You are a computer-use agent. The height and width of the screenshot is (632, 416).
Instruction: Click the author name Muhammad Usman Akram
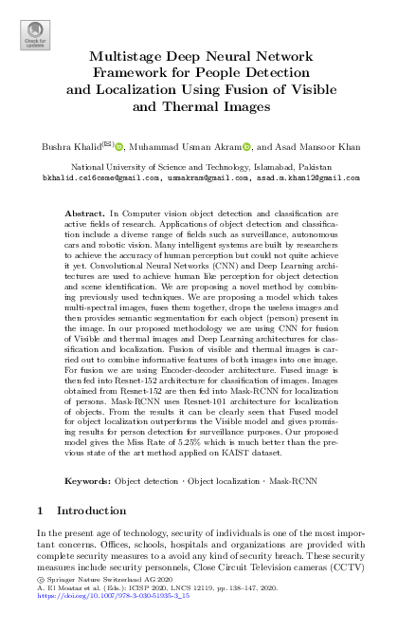(x=198, y=148)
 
